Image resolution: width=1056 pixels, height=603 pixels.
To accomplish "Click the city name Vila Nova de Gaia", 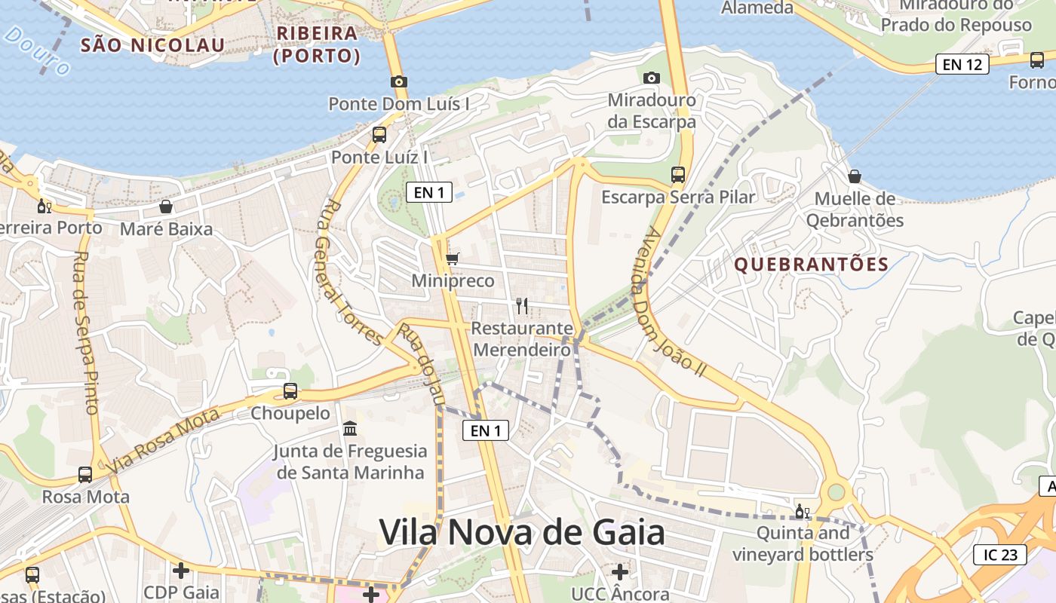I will point(522,532).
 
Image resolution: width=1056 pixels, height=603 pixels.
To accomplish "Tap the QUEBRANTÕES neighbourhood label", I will point(811,265).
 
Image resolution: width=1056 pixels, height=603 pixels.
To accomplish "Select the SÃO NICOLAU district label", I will point(152,45).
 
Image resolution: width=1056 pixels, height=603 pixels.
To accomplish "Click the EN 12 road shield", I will point(962,64).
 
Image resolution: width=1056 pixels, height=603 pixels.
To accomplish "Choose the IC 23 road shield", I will point(1000,555).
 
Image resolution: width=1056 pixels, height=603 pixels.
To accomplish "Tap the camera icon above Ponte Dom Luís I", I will point(398,81).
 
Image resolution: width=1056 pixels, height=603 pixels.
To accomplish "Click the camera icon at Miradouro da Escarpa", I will point(652,78).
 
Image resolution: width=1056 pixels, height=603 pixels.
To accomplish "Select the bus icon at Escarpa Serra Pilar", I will point(677,175).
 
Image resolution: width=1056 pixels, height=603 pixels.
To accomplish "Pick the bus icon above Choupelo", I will point(290,391).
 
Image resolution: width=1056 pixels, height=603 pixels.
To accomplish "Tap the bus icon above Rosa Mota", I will point(85,475).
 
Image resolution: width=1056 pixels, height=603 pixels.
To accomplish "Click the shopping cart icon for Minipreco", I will point(452,259).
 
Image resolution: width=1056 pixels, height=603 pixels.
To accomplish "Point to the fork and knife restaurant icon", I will point(521,305).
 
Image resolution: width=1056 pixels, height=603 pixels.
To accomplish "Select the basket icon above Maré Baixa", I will point(166,206).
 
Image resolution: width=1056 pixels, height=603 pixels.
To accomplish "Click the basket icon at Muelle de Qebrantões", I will point(855,176).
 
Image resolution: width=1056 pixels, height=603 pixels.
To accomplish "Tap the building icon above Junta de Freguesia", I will point(350,429).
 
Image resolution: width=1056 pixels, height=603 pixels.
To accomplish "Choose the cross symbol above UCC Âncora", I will point(619,571).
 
